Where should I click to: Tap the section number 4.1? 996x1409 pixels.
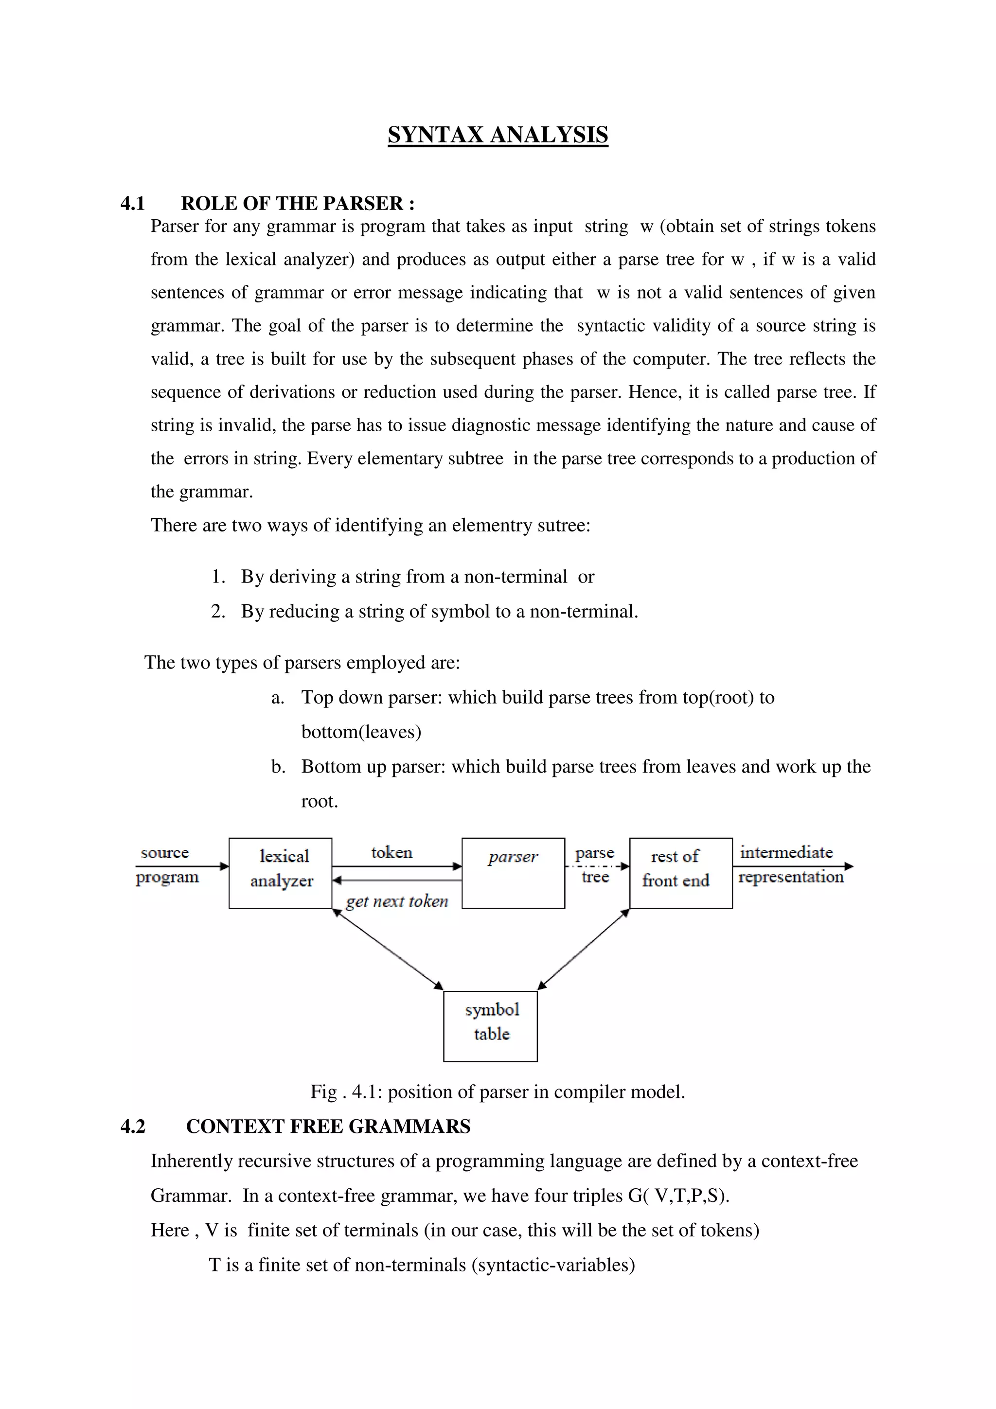pos(133,203)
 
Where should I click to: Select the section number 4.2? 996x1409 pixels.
pos(133,1126)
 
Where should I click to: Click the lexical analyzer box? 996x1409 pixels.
pos(281,872)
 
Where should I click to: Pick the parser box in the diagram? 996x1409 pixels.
pos(513,872)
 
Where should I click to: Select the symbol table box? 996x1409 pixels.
pos(490,1026)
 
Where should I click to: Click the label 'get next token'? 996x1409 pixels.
pos(397,901)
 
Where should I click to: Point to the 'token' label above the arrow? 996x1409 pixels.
pos(391,852)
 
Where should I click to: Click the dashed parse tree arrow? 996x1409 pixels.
pos(597,866)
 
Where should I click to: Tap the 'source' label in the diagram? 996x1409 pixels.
pos(164,853)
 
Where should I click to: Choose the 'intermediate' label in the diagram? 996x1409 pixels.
pos(786,852)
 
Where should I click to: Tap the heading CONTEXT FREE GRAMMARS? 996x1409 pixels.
pos(328,1126)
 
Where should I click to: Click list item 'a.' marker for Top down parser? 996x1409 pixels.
pos(277,698)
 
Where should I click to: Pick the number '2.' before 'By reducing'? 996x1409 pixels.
pos(218,611)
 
